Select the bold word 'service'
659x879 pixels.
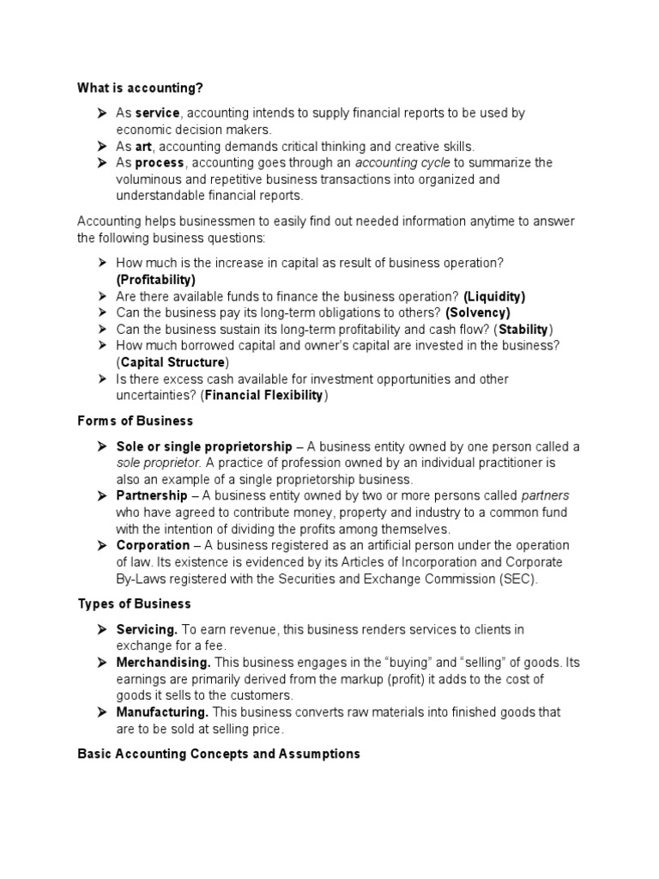(x=158, y=113)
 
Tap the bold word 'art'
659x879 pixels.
(x=143, y=147)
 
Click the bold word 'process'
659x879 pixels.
(x=160, y=163)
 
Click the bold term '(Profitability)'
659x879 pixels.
(x=156, y=279)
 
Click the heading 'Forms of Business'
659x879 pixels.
(x=136, y=421)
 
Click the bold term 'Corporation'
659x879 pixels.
(x=154, y=545)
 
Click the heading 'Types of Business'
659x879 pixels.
(x=134, y=604)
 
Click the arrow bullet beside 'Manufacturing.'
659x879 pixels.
(x=101, y=712)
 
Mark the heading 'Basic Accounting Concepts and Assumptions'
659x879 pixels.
(x=219, y=754)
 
